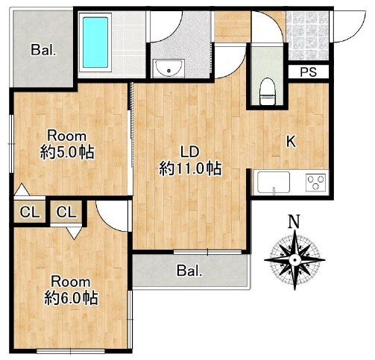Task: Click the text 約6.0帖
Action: (72, 298)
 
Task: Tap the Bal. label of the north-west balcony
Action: (44, 50)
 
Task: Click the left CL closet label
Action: (30, 212)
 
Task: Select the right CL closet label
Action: (67, 212)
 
